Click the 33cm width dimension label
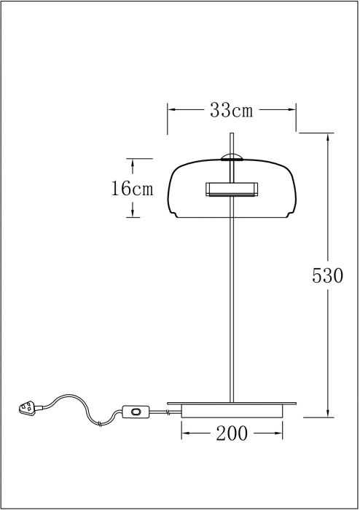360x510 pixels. (231, 111)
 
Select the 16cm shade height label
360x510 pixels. (132, 189)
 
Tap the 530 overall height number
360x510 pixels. (327, 276)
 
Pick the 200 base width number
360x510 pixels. (231, 434)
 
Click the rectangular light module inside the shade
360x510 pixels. (231, 189)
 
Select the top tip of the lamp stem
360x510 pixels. (232, 134)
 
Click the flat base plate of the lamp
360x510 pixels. (231, 403)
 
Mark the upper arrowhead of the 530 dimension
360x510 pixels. (327, 138)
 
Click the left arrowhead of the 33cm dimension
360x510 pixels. (172, 111)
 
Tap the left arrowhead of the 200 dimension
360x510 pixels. (185, 434)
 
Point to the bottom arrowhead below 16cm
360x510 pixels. (132, 213)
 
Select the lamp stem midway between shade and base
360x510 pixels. (232, 306)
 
